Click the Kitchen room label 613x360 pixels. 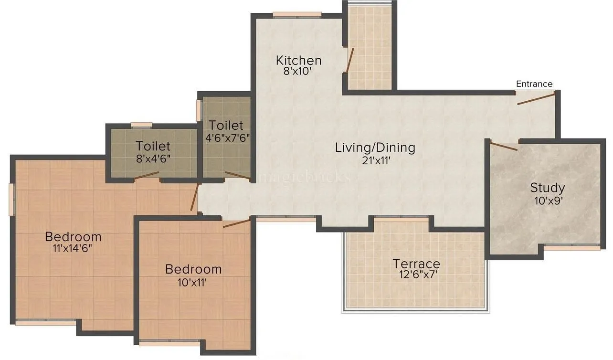[x=299, y=61]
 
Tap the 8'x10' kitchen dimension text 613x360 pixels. [x=298, y=71]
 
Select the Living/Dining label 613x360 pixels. [x=375, y=148]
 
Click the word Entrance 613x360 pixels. [x=534, y=84]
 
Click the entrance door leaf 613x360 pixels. [x=536, y=99]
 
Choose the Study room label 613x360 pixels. [x=547, y=188]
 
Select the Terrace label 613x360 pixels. [x=416, y=264]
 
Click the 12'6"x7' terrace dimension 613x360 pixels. [x=415, y=275]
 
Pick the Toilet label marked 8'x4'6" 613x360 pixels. [x=153, y=146]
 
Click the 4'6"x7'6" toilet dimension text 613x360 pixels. [x=227, y=137]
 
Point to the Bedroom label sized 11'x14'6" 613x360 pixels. [x=73, y=236]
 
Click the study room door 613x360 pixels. [x=504, y=147]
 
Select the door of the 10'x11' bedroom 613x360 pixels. [x=236, y=222]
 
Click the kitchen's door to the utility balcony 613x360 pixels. [x=350, y=60]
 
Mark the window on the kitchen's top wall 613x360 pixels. [x=296, y=14]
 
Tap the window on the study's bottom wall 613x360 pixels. [x=572, y=247]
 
